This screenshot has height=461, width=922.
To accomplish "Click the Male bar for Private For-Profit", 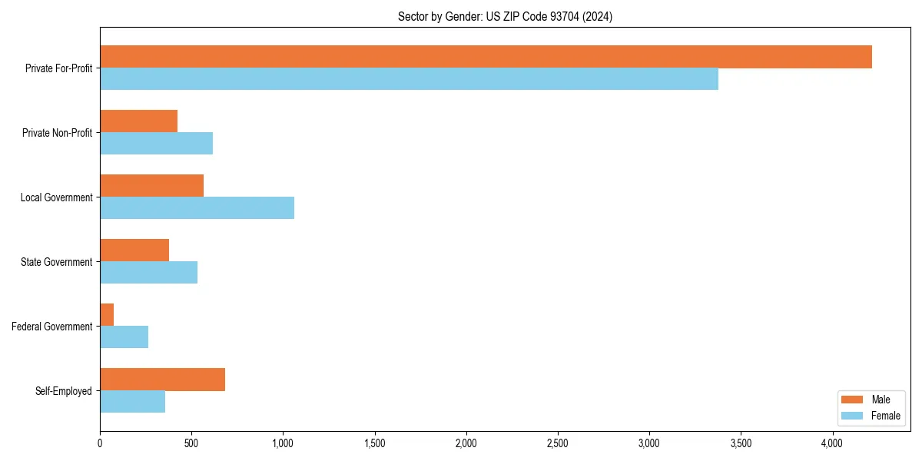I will tap(486, 57).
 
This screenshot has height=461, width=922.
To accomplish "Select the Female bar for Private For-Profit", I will tap(409, 79).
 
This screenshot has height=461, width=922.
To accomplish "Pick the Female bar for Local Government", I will tap(197, 208).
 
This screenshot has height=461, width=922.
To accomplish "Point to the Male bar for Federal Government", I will tap(107, 315).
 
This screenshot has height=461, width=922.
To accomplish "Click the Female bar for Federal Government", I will tap(124, 337).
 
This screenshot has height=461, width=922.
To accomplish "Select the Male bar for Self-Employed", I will tap(162, 380).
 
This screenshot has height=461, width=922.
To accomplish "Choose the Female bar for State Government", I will tap(148, 273).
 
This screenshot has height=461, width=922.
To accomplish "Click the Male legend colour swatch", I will tap(853, 400).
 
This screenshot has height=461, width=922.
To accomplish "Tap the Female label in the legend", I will tap(885, 416).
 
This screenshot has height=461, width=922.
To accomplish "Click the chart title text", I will tap(505, 16).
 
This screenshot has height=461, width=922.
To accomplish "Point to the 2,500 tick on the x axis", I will tap(558, 443).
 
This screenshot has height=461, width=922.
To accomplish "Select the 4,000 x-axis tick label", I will tap(832, 443).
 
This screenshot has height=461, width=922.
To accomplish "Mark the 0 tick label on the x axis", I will tap(100, 443).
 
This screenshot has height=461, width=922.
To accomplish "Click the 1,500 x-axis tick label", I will tap(374, 443).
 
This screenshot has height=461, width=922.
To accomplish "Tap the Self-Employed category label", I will tap(64, 391).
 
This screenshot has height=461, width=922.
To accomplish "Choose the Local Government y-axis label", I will tap(56, 197).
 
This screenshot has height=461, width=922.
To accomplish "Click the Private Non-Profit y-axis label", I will tap(57, 133).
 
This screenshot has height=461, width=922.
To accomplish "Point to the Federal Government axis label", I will tap(52, 327).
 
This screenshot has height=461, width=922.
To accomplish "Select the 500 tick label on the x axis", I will tap(191, 443).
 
